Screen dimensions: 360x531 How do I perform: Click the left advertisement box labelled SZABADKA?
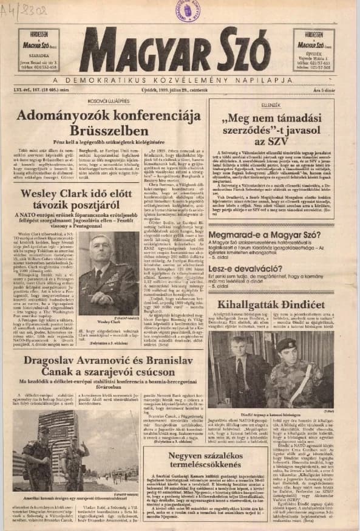tap(39, 50)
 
